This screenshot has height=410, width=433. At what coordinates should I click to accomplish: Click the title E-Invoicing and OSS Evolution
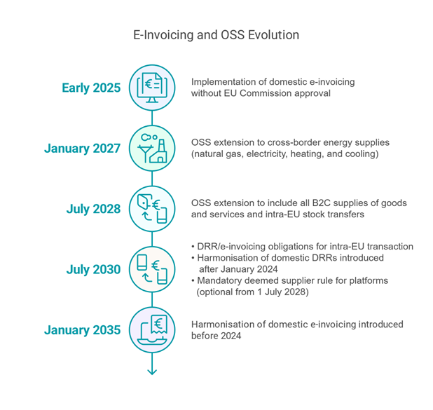pyautogui.click(x=216, y=35)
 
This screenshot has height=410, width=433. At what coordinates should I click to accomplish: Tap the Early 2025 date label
pyautogui.click(x=91, y=88)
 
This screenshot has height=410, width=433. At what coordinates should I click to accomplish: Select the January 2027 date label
pyautogui.click(x=82, y=149)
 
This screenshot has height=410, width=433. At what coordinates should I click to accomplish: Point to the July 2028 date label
pyautogui.click(x=93, y=209)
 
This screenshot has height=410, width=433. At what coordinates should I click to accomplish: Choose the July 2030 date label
pyautogui.click(x=93, y=269)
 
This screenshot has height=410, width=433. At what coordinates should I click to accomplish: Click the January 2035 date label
pyautogui.click(x=82, y=330)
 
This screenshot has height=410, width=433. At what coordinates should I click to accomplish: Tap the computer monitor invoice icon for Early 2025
pyautogui.click(x=152, y=88)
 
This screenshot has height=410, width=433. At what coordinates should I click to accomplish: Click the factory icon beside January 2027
pyautogui.click(x=152, y=148)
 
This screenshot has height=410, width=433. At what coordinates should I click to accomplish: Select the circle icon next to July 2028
pyautogui.click(x=152, y=209)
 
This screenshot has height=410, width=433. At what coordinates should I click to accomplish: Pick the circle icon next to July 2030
pyautogui.click(x=152, y=269)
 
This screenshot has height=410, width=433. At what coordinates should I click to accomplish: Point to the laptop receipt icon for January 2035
pyautogui.click(x=152, y=329)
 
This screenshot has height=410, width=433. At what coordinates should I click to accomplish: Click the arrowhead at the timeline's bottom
pyautogui.click(x=152, y=372)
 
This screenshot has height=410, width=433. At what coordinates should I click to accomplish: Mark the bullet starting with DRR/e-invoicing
pyautogui.click(x=303, y=247)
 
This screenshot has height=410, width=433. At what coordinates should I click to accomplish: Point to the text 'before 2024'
pyautogui.click(x=216, y=336)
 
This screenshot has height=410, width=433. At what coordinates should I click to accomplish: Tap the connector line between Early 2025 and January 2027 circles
pyautogui.click(x=152, y=118)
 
